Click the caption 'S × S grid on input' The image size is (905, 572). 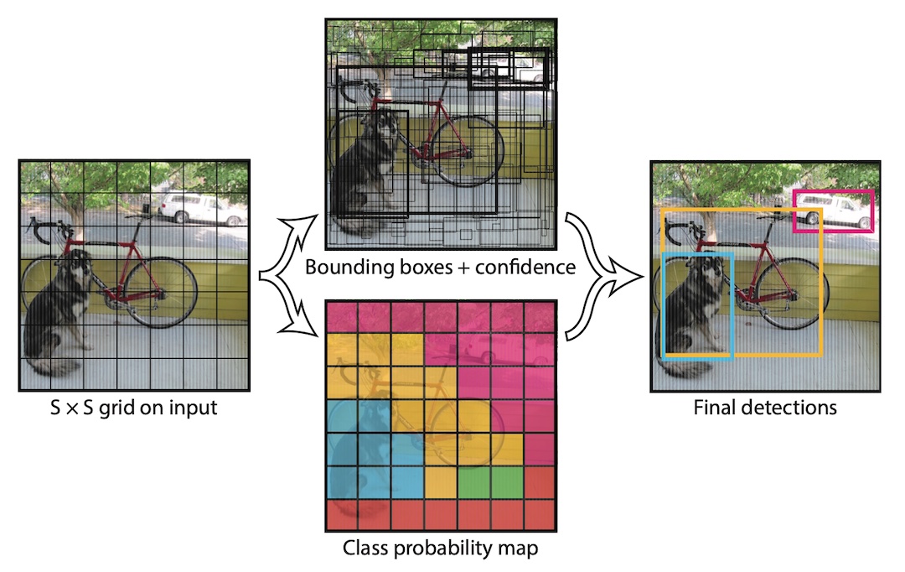(134, 408)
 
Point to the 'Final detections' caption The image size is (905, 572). (765, 408)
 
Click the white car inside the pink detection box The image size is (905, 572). (833, 211)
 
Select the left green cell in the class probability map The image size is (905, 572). (474, 482)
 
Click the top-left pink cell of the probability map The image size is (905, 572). (342, 317)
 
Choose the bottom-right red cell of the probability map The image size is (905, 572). (540, 515)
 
